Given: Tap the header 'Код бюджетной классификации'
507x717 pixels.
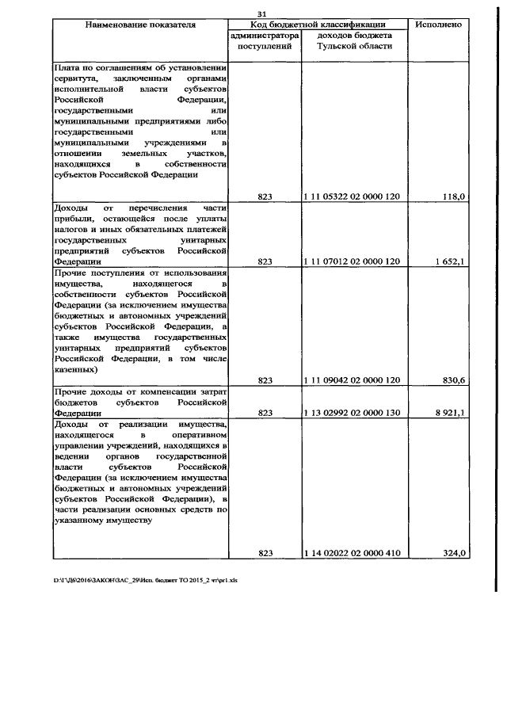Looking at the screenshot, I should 318,25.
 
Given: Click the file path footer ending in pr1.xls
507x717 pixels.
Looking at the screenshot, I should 151,579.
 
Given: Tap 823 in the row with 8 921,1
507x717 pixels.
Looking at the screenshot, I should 265,413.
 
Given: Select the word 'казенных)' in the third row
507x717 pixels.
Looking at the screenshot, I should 76,369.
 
